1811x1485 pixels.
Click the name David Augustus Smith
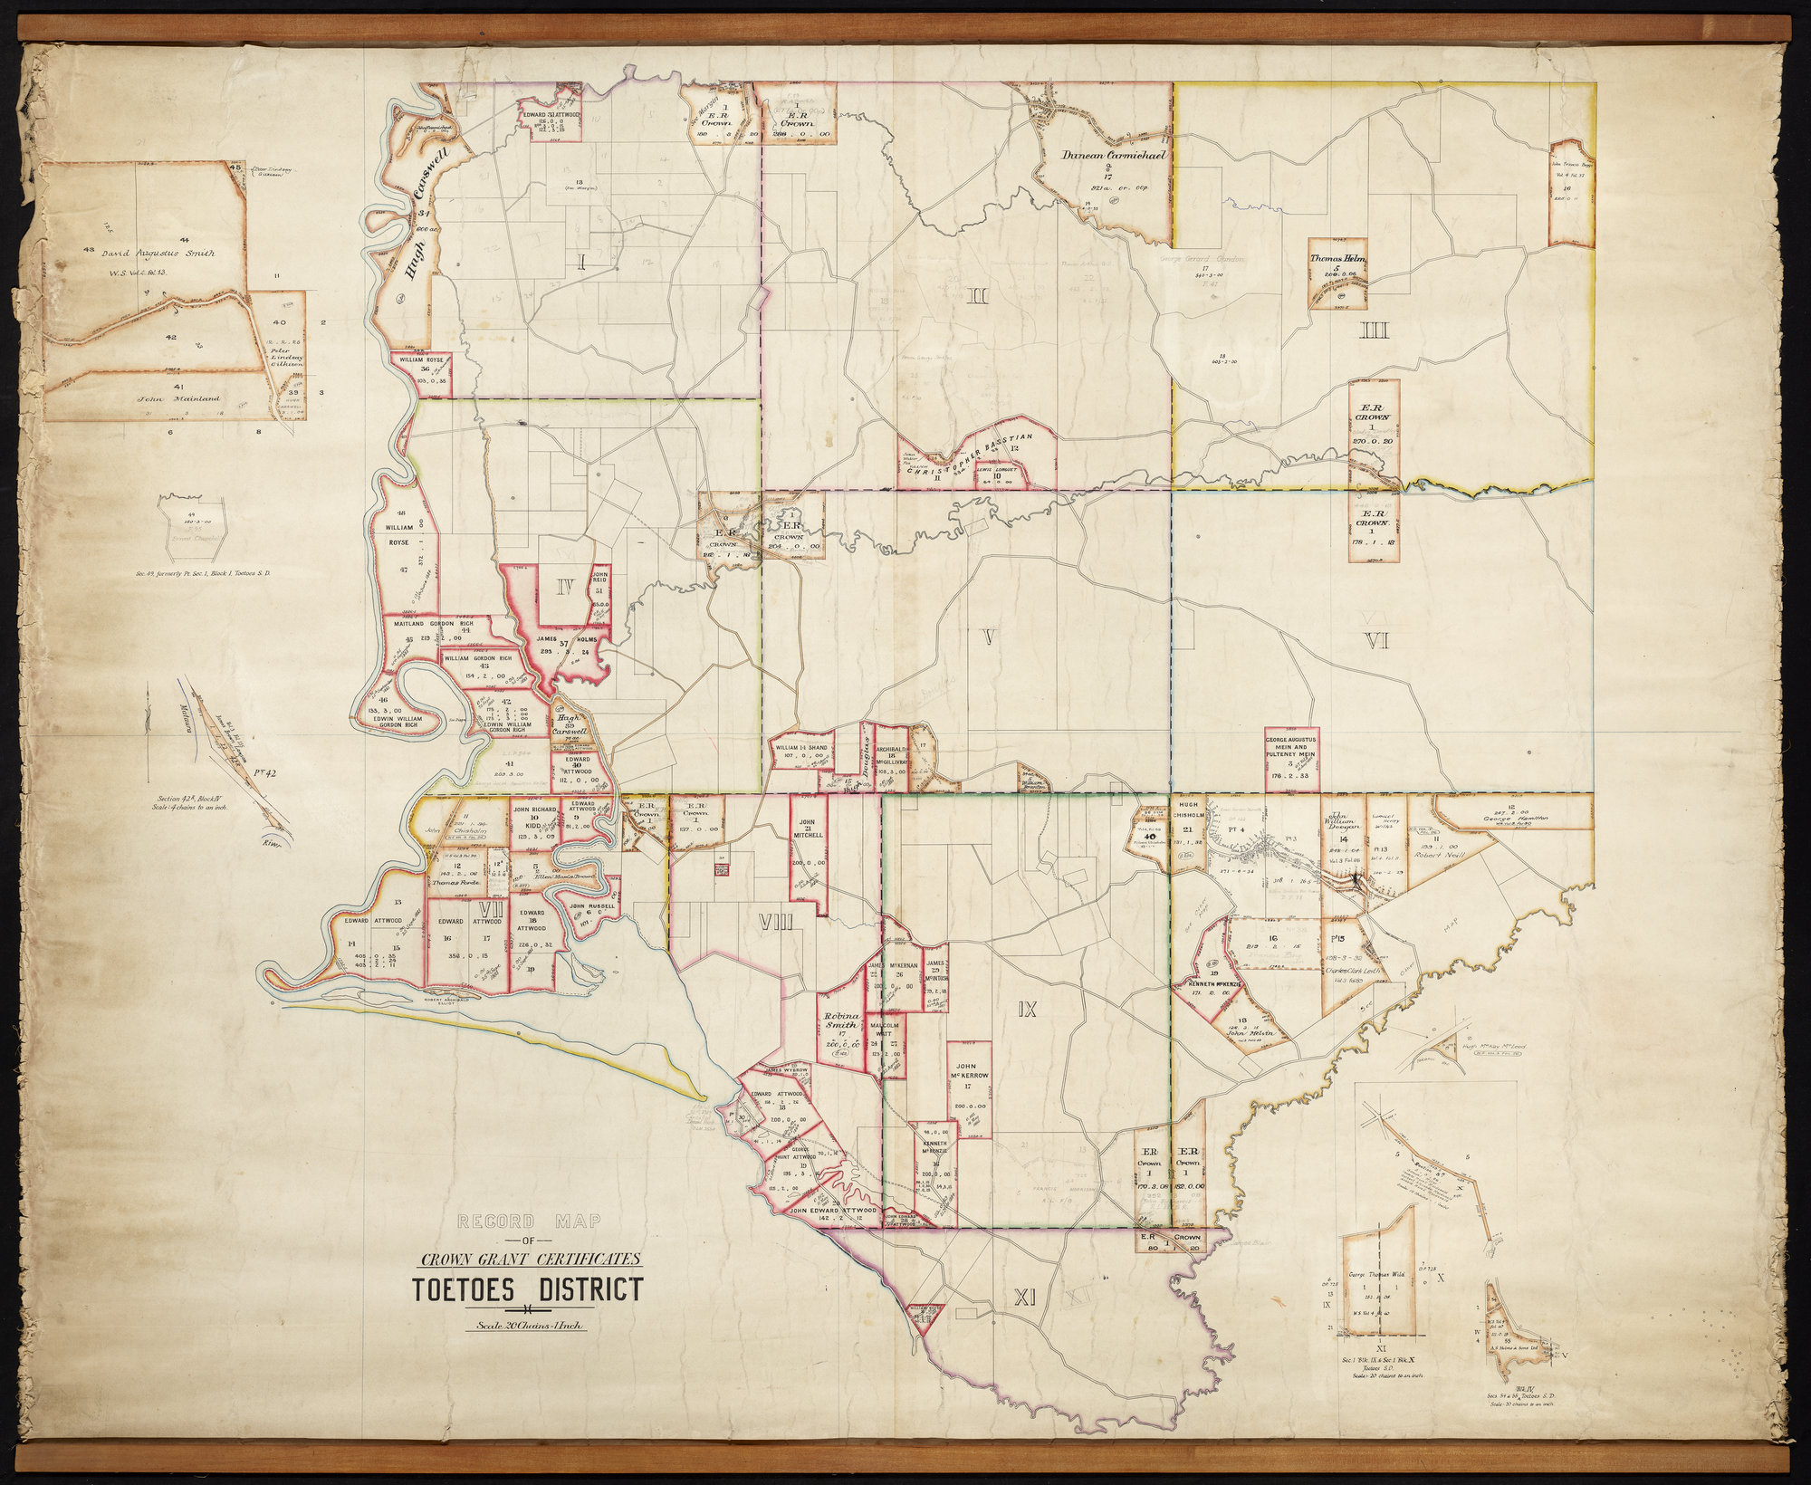point(160,254)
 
